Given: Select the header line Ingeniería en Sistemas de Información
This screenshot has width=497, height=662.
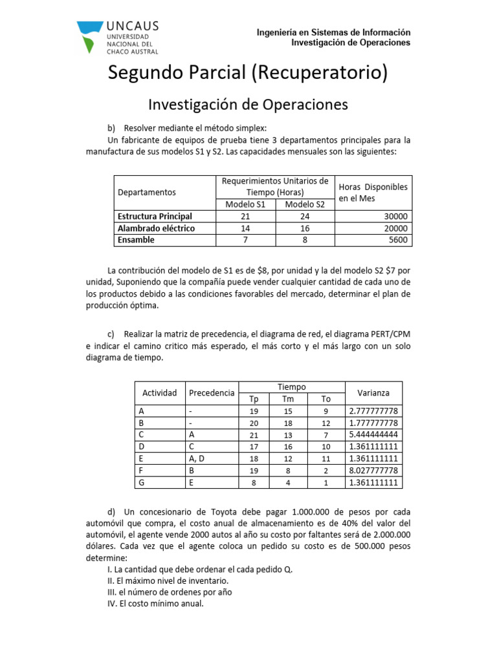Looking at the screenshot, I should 333,32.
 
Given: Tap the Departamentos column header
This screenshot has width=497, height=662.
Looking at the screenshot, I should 146,192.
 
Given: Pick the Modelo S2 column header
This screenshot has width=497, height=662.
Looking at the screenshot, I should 305,204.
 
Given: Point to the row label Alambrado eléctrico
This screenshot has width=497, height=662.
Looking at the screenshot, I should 156,228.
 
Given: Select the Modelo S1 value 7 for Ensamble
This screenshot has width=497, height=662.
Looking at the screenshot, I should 245,240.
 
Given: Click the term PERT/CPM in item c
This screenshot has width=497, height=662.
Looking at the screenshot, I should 392,334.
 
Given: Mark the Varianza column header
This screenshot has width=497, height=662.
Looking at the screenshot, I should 373,393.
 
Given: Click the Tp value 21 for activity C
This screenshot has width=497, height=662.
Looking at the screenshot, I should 254,435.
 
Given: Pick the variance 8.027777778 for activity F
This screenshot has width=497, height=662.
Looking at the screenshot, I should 373,471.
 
